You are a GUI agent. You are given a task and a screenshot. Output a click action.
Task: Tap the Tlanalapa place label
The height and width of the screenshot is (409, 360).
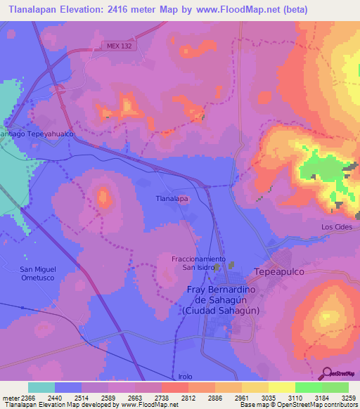172,199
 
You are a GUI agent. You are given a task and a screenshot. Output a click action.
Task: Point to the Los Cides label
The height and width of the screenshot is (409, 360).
335,227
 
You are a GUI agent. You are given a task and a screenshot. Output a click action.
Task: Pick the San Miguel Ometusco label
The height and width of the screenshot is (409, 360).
37,273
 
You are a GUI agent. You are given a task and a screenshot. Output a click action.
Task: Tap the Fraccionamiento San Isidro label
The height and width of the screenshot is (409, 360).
198,263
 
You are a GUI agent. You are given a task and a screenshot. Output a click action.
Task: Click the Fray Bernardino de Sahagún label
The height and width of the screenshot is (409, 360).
221,300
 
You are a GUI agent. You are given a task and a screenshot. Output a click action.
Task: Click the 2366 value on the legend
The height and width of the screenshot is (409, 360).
28,397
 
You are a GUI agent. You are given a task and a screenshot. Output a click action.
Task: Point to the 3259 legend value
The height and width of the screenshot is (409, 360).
349,397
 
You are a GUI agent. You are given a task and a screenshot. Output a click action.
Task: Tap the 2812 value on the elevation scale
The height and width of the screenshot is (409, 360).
188,397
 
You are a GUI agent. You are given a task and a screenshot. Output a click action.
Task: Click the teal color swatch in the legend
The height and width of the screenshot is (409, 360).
41,387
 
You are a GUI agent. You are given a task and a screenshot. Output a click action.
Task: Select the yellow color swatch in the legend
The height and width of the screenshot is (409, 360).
281,387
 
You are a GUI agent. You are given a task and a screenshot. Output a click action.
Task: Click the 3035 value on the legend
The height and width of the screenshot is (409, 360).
269,397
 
